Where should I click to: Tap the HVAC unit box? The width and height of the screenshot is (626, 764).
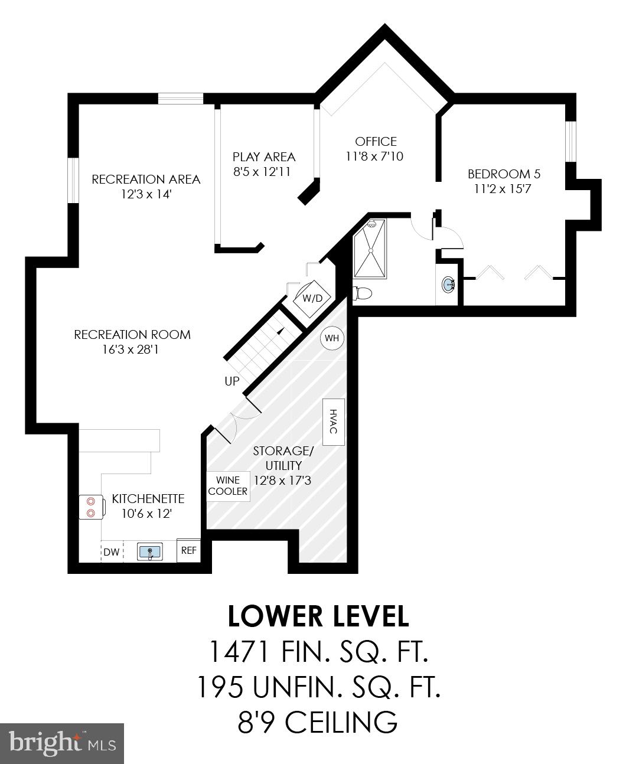(x=334, y=422)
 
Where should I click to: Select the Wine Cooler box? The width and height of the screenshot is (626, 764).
(x=227, y=486)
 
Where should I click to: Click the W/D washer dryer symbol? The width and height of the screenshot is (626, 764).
(x=312, y=298)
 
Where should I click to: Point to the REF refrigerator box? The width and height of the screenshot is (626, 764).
(x=188, y=551)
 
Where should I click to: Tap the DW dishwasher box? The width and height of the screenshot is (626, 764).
(x=112, y=552)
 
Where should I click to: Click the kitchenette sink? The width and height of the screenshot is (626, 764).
(x=150, y=552)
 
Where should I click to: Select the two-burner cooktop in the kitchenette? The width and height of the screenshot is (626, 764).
(x=91, y=506)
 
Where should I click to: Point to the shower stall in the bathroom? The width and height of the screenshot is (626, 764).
(x=370, y=249)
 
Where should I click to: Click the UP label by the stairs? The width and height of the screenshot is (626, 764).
(x=232, y=381)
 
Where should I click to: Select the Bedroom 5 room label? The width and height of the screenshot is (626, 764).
(x=504, y=174)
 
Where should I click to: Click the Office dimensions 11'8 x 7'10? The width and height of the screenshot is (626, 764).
(x=376, y=156)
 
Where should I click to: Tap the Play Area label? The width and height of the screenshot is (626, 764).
(x=263, y=157)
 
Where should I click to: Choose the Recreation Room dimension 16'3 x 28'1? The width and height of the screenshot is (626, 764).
(x=131, y=350)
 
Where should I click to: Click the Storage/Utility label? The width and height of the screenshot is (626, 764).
(x=283, y=458)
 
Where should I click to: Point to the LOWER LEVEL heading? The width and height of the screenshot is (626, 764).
(x=318, y=616)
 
